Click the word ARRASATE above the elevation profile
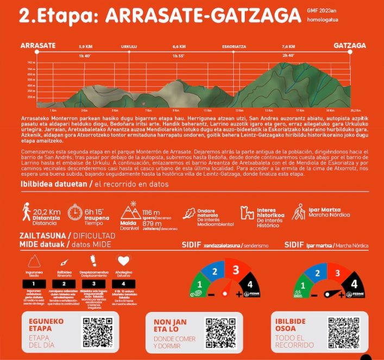(x=38, y=46)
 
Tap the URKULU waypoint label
(x=129, y=47)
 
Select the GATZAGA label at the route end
(x=349, y=46)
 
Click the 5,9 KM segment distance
(x=85, y=47)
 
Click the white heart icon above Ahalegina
(x=123, y=261)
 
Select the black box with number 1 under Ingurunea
(x=34, y=283)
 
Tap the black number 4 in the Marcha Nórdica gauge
(x=354, y=283)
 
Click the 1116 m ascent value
(x=151, y=211)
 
